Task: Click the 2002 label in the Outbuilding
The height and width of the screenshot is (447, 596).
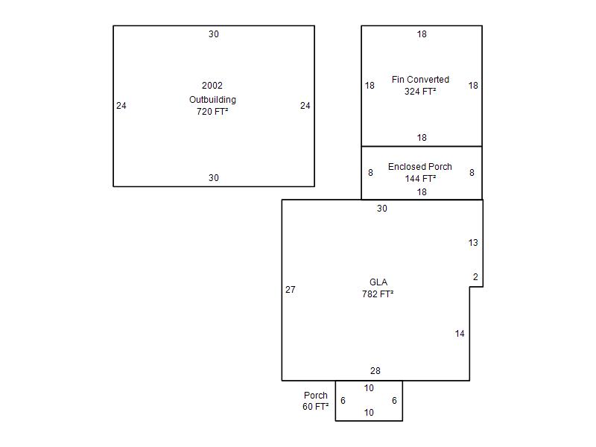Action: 212,86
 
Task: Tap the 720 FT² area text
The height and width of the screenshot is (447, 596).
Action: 212,112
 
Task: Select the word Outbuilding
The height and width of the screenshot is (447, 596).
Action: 212,99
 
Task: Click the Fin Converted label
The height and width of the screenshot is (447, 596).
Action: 420,80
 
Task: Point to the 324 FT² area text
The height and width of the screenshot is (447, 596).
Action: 420,92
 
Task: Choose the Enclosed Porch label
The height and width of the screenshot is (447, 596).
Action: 420,167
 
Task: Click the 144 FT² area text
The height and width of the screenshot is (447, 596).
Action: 420,179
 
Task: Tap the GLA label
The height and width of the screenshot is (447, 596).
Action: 378,282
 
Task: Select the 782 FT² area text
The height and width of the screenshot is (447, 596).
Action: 378,294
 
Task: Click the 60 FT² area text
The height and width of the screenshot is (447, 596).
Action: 316,407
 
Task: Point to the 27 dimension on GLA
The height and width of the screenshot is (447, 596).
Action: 291,290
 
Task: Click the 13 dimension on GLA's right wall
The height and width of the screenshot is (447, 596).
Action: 473,243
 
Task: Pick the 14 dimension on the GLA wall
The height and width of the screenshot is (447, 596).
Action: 460,334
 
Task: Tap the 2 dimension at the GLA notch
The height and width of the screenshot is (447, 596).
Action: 475,277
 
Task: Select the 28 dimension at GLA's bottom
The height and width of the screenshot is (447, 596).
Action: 375,371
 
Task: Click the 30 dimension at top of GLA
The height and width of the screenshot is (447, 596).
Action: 382,209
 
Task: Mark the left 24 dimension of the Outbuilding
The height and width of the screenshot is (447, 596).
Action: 121,106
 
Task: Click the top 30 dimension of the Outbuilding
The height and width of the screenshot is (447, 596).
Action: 214,34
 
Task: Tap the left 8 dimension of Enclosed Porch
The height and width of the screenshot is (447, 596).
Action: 370,173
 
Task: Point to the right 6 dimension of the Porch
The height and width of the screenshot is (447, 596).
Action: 394,401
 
